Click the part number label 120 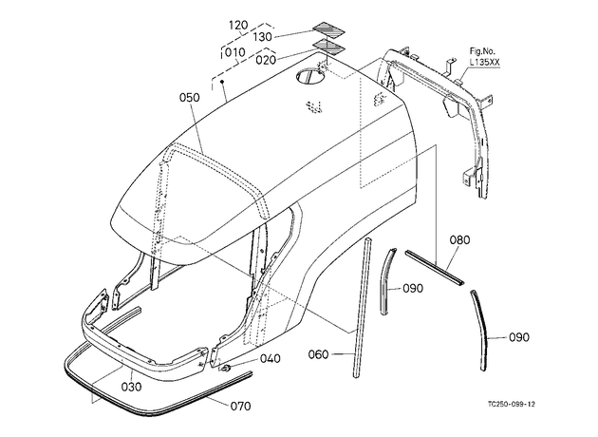click(238, 26)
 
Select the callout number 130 click(262, 37)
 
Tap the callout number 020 click(266, 60)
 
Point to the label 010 click(235, 52)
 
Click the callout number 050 click(190, 97)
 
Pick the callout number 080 click(459, 240)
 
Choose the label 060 click(318, 354)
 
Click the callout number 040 click(271, 359)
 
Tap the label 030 click(132, 387)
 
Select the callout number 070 click(241, 406)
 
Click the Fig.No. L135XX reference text click(484, 58)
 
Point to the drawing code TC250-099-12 click(511, 404)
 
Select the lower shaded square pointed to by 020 click(328, 46)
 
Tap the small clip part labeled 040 click(225, 369)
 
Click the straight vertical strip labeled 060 click(362, 308)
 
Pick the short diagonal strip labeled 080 click(435, 268)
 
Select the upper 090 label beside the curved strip click(413, 289)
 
